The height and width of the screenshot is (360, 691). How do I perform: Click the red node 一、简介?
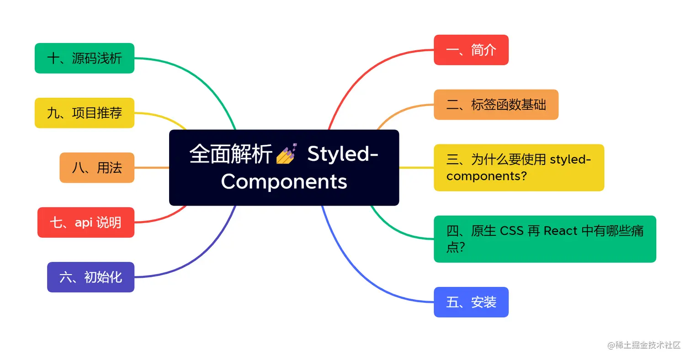pos(471,50)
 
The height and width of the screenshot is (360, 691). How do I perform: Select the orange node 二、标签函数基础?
pos(496,105)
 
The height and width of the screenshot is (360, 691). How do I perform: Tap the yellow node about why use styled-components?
pos(519,168)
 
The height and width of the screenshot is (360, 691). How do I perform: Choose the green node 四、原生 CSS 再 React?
pos(545,239)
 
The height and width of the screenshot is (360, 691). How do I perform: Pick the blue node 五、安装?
pos(471,302)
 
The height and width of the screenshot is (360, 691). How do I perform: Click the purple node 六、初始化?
pos(90,277)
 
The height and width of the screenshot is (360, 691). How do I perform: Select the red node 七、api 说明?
pos(85,222)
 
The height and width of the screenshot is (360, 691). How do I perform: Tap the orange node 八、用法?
pos(97,168)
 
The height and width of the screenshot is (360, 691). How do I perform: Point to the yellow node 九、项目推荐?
pos(85,113)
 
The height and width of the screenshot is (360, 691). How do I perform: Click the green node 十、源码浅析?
pos(85,58)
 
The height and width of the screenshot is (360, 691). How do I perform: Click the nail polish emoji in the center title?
pos(287,154)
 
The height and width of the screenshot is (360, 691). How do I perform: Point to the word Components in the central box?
pos(284,181)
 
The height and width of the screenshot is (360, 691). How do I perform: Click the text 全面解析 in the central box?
pos(231,154)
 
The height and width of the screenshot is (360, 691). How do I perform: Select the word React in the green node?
pos(560,231)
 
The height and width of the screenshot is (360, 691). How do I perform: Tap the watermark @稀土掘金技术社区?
pos(644,345)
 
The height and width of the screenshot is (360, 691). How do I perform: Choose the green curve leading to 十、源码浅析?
pos(201,78)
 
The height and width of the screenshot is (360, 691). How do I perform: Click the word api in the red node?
pos(84,222)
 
